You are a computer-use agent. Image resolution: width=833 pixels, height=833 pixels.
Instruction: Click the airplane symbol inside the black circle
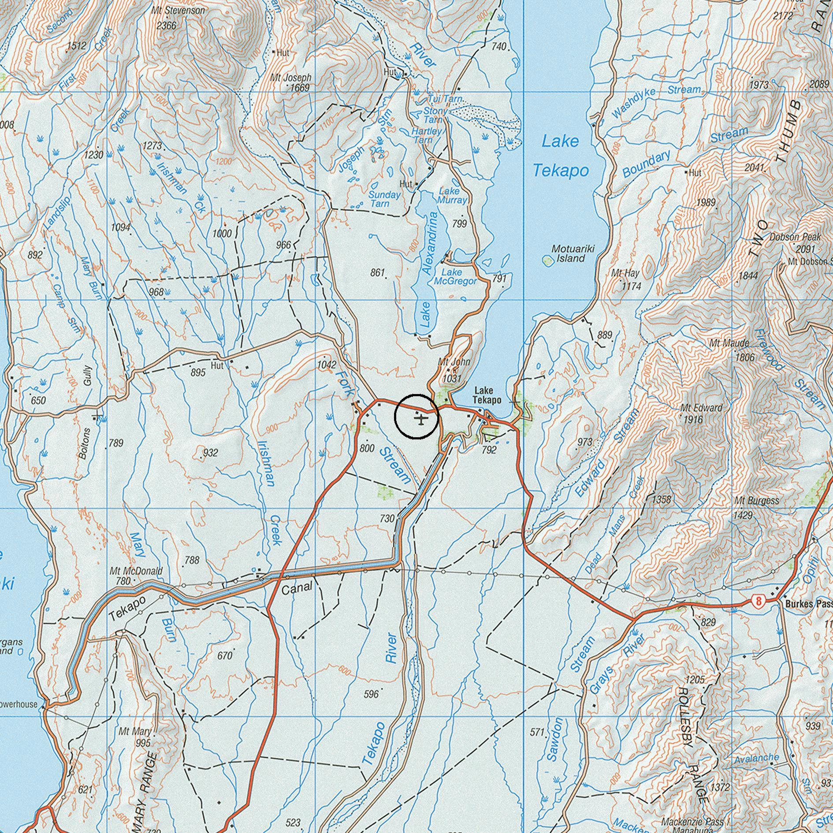421,418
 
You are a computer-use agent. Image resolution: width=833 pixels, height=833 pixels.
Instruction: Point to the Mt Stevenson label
178,10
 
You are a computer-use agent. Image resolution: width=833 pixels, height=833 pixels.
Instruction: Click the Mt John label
454,362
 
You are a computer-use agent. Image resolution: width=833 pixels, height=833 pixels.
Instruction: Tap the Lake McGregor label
455,277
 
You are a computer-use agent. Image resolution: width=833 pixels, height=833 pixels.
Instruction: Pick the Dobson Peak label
796,237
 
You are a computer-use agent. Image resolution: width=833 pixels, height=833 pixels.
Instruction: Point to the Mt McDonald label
136,571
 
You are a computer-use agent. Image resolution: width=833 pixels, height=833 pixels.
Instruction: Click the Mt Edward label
701,408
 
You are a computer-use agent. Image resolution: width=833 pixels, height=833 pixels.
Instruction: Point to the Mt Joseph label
291,78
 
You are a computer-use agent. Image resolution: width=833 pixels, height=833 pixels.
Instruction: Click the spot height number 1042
327,364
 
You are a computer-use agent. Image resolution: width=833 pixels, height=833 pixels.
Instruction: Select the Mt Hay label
625,273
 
